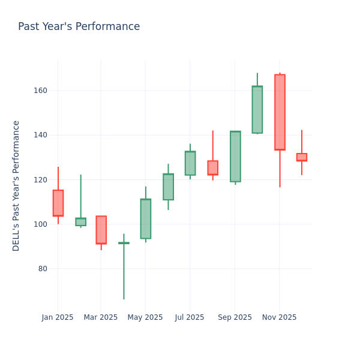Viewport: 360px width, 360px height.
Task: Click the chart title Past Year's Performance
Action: [79, 27]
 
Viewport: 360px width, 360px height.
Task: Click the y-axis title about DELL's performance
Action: [16, 185]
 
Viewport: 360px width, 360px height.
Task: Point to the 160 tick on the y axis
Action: [40, 91]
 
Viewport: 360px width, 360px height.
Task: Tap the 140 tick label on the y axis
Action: [40, 135]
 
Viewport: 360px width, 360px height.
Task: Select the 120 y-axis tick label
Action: [40, 180]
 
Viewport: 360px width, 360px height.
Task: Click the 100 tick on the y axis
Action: [40, 224]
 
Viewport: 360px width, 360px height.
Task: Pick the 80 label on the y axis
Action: [42, 269]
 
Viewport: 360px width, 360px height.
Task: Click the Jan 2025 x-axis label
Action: [58, 317]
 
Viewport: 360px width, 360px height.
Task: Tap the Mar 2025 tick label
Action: [101, 317]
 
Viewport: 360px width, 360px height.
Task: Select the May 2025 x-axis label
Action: [145, 317]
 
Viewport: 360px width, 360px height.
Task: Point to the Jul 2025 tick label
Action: [190, 317]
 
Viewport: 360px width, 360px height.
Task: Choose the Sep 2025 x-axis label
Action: [235, 317]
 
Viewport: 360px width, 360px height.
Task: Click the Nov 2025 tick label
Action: [279, 317]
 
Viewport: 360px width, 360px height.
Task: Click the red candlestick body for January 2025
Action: [58, 203]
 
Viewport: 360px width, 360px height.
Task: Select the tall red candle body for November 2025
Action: [280, 112]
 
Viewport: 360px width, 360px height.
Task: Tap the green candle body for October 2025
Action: [257, 109]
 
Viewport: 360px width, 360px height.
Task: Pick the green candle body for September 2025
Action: [235, 156]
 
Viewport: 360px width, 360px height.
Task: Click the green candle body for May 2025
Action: [145, 218]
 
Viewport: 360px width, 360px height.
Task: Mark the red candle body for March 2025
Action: [101, 230]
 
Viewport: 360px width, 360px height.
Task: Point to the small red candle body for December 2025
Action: [301, 157]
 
